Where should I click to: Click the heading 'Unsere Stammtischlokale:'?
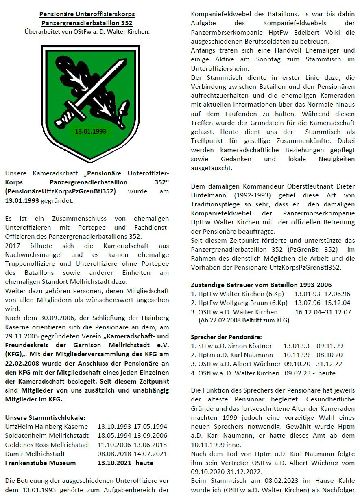point(45,417)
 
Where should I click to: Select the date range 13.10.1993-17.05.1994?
point(132,426)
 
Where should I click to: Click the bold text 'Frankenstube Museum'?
point(40,463)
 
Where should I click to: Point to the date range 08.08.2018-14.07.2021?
point(132,454)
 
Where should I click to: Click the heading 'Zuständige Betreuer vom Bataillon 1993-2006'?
point(261,285)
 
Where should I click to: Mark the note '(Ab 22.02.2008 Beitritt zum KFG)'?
point(244,320)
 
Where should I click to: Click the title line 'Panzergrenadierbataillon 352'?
point(87,23)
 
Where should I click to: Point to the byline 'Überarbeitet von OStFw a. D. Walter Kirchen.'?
point(87,31)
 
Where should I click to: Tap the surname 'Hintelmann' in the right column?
point(209,195)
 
